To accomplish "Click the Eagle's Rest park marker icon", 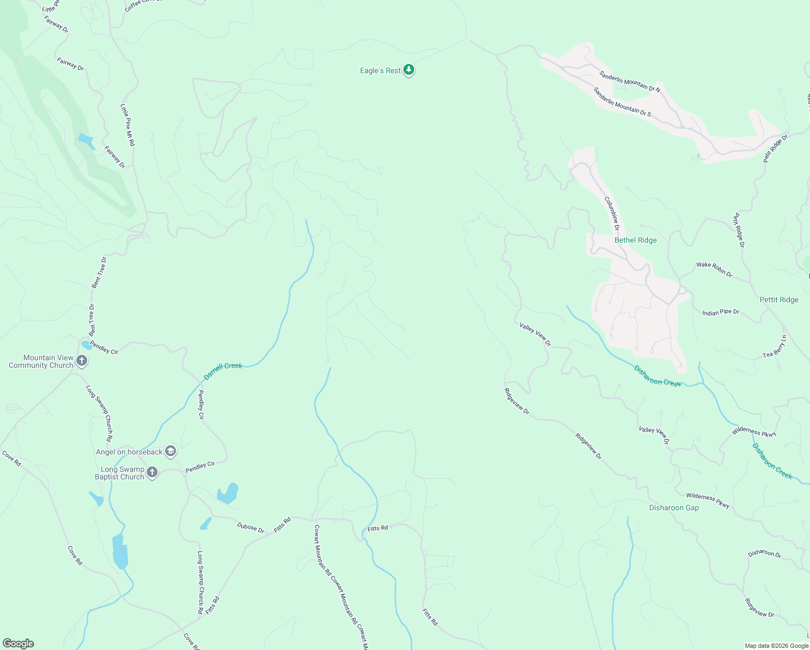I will [409, 70].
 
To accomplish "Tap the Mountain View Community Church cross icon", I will [82, 361].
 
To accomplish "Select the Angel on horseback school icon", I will [171, 451].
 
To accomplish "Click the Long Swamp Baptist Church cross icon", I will [152, 472].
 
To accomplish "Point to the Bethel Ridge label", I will [635, 240].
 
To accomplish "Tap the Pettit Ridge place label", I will [779, 300].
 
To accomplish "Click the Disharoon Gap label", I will [674, 508].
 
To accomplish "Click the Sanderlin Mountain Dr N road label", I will [630, 81].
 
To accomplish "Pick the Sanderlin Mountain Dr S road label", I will [622, 102].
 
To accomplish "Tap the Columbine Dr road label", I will [612, 213].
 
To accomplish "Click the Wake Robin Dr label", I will [714, 269].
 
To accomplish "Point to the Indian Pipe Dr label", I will [720, 313].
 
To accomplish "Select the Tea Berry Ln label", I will [774, 347].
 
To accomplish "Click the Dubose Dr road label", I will [250, 528].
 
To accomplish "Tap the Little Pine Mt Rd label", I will [127, 125].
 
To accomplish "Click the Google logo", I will [18, 643].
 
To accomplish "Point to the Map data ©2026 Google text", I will [776, 646].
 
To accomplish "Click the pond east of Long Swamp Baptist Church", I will [227, 493].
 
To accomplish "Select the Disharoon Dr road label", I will [765, 554].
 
